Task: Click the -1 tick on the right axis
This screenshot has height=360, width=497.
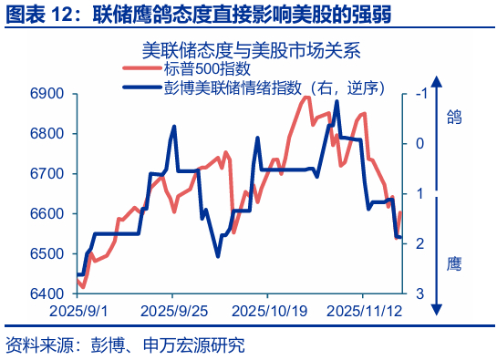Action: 419,94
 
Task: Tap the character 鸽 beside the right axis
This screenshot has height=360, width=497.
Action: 454,116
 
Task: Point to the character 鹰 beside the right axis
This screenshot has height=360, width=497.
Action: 454,265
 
